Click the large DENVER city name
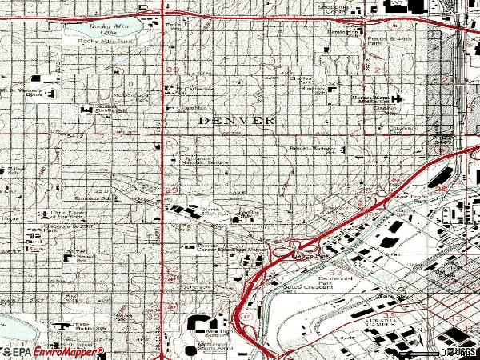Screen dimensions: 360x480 (237, 120)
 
